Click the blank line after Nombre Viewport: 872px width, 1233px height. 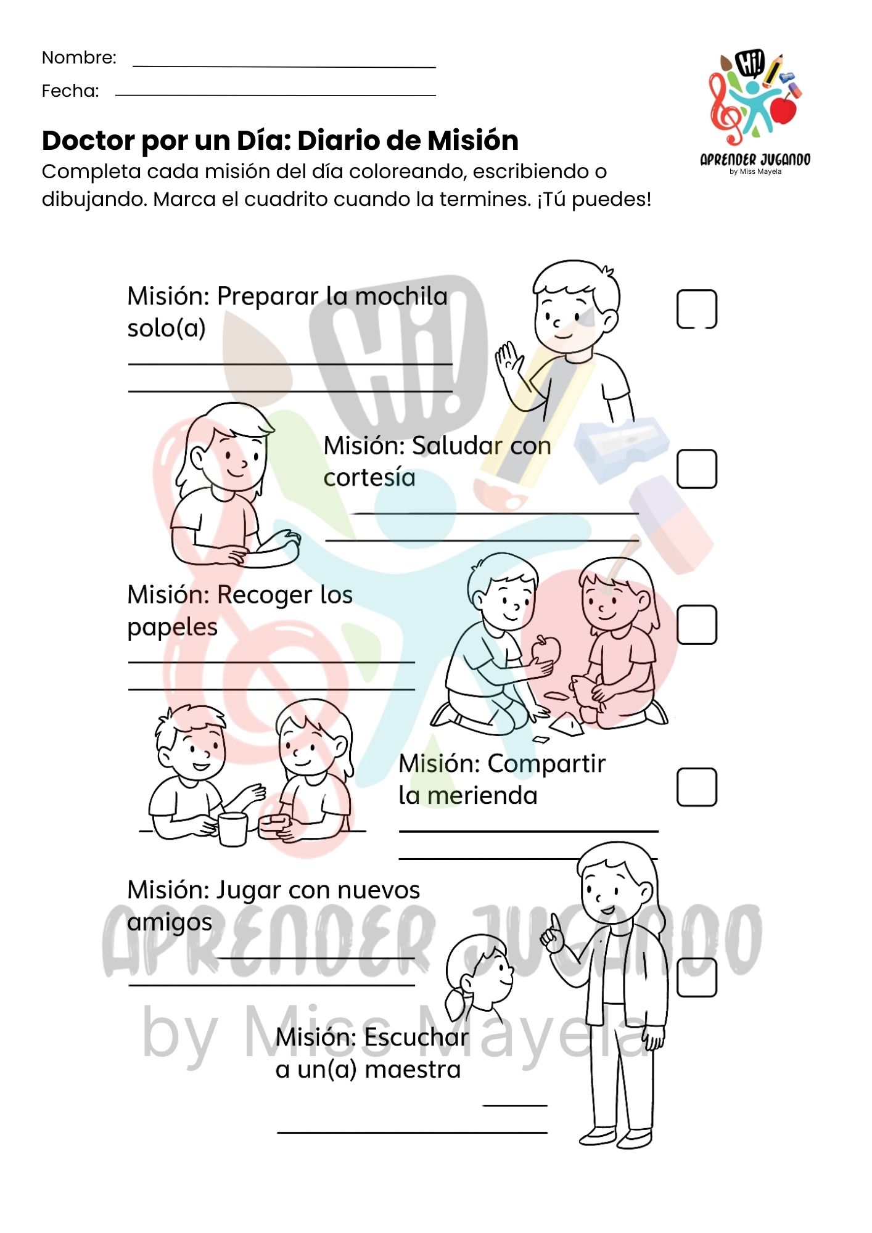click(x=284, y=67)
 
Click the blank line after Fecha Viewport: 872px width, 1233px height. click(x=276, y=96)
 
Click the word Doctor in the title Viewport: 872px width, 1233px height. click(x=88, y=141)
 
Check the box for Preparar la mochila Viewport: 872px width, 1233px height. click(x=697, y=309)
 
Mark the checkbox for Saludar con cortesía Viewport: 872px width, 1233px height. click(x=697, y=469)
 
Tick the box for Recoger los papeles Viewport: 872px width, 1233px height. click(x=697, y=625)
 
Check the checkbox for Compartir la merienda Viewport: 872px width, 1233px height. click(x=697, y=787)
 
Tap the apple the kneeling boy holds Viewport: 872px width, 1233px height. click(x=545, y=650)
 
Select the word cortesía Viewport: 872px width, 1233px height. click(x=369, y=478)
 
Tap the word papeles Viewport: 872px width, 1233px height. click(x=173, y=628)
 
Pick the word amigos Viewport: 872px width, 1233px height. click(x=170, y=923)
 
